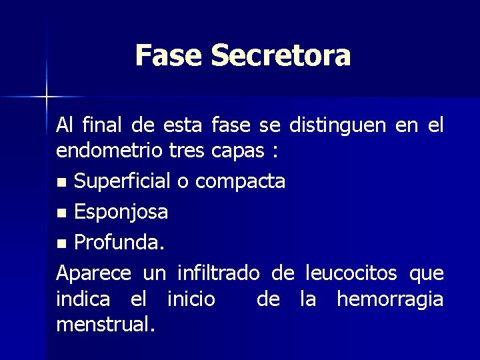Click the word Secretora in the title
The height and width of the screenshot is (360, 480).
tap(281, 55)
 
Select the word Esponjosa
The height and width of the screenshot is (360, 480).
tap(121, 213)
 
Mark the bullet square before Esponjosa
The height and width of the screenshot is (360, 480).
tap(61, 214)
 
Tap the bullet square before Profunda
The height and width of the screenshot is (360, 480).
tap(61, 245)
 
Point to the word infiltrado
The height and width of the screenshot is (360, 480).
tap(217, 273)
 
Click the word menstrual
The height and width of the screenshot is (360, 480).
tap(105, 325)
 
